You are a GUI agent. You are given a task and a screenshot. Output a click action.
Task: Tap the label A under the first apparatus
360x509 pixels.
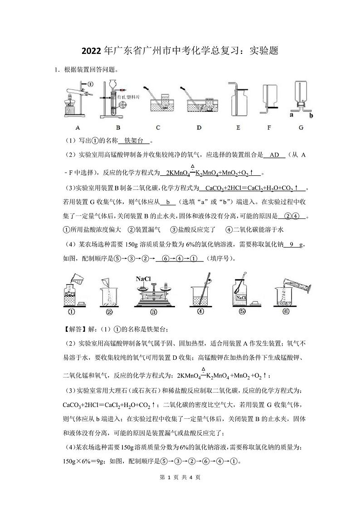pos(78,128)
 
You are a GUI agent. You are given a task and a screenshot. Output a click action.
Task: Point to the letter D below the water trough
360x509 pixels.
pos(199,128)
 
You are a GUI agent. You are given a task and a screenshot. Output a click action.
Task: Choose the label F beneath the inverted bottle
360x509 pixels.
pos(269,128)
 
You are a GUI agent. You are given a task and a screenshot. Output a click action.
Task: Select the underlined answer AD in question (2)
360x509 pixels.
pos(274,155)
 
